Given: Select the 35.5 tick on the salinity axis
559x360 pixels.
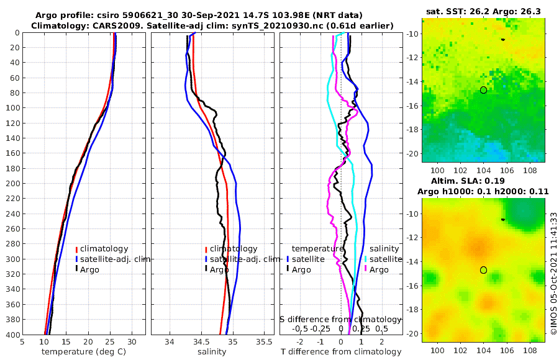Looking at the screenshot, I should click(x=264, y=341).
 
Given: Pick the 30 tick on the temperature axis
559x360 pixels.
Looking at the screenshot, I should click(x=132, y=341).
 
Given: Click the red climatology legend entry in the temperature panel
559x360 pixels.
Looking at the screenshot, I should click(x=107, y=249).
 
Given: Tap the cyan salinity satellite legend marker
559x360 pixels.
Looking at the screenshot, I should click(x=366, y=259).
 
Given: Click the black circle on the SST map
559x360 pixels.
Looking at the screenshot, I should click(x=483, y=90).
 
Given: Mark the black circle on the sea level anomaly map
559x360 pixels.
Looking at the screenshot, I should click(x=483, y=270).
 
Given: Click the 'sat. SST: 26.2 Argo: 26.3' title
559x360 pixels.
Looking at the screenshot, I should click(x=484, y=12).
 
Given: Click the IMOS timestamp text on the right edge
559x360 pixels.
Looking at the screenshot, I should click(x=553, y=274).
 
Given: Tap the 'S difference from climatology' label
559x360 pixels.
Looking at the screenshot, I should click(x=340, y=319).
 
